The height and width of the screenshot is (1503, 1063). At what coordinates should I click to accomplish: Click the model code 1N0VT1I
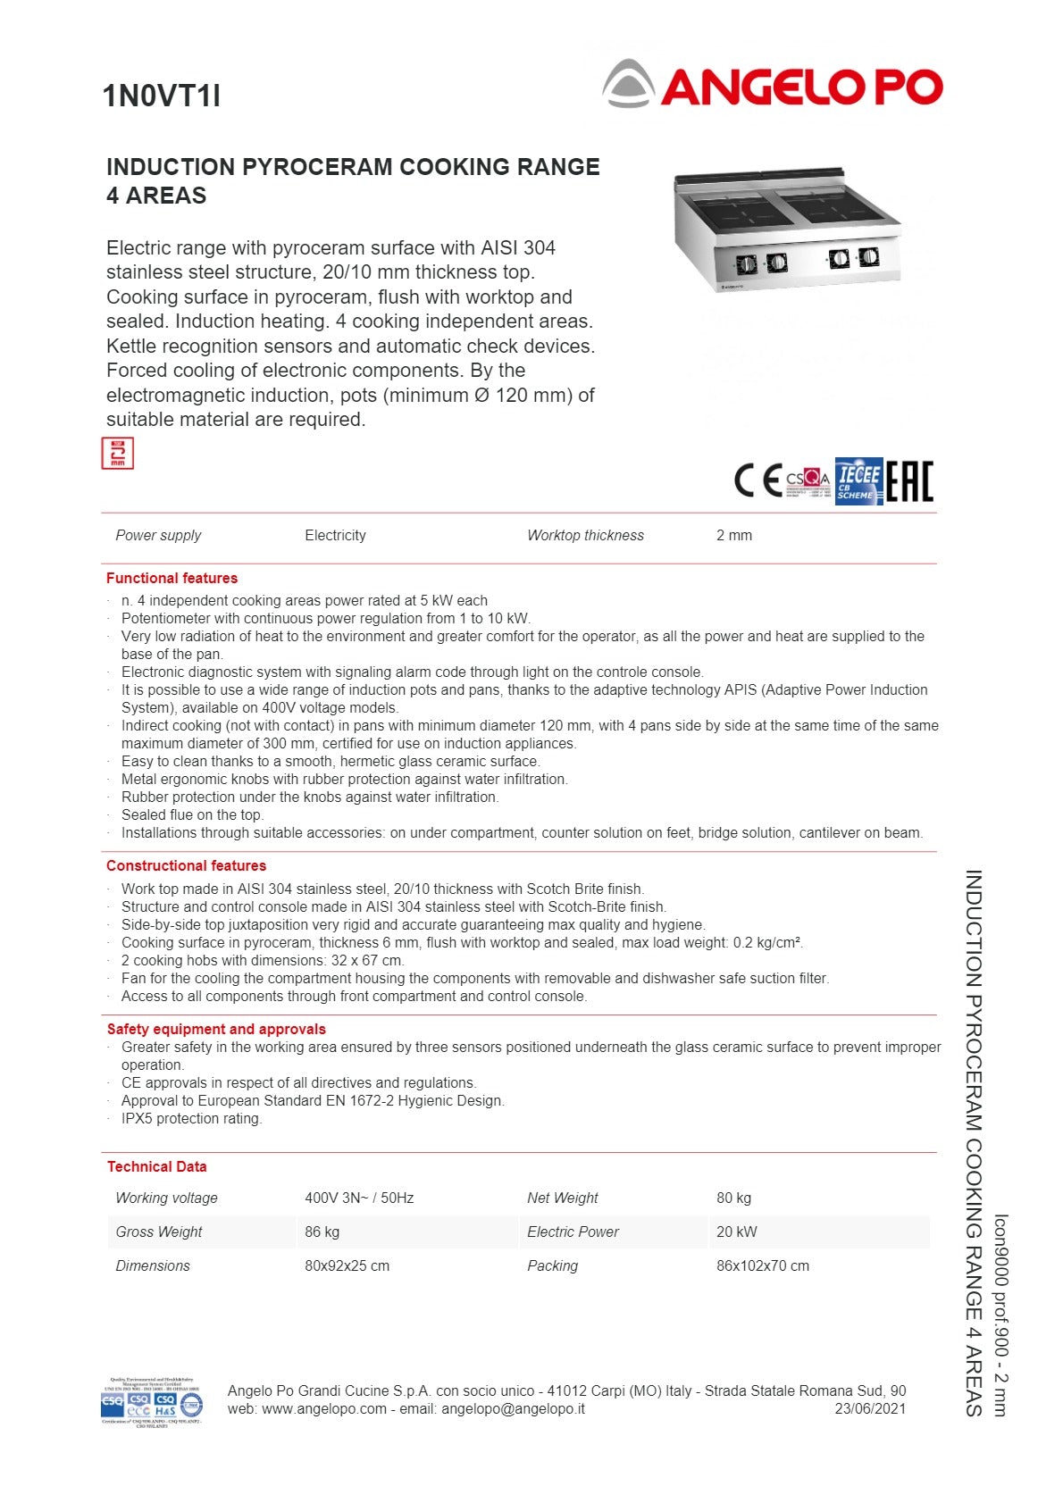pyautogui.click(x=162, y=96)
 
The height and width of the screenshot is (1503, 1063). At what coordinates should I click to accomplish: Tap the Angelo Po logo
pyautogui.click(x=773, y=85)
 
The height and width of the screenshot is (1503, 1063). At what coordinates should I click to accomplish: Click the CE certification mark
pyautogui.click(x=757, y=480)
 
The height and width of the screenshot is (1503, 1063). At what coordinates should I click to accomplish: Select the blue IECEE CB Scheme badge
pyautogui.click(x=858, y=480)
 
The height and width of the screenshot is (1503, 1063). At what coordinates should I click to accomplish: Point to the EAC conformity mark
pyautogui.click(x=909, y=480)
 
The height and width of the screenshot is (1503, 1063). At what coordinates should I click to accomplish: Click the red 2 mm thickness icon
pyautogui.click(x=118, y=453)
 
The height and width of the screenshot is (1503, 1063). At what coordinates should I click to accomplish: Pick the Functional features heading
pyautogui.click(x=172, y=578)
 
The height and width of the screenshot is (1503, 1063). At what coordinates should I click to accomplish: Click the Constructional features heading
pyautogui.click(x=186, y=865)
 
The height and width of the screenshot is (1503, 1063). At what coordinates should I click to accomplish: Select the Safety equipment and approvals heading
pyautogui.click(x=216, y=1029)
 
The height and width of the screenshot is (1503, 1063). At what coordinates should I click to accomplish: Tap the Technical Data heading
pyautogui.click(x=156, y=1166)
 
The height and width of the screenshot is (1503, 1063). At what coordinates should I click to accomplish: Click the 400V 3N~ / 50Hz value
pyautogui.click(x=359, y=1198)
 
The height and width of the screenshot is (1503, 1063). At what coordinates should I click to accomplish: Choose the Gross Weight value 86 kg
pyautogui.click(x=322, y=1232)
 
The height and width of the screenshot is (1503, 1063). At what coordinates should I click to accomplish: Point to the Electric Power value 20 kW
pyautogui.click(x=736, y=1232)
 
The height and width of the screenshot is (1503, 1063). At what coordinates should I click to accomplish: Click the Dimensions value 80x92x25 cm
pyautogui.click(x=347, y=1265)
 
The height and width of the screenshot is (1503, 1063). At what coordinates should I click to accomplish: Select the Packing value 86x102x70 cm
pyautogui.click(x=762, y=1265)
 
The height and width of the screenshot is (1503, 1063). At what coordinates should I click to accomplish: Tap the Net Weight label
pyautogui.click(x=562, y=1198)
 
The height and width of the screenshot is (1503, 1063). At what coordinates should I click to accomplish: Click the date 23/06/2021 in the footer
pyautogui.click(x=869, y=1408)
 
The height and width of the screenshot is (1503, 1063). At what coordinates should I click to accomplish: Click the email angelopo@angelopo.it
pyautogui.click(x=513, y=1408)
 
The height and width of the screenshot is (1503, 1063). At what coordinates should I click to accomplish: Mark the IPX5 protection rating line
pyautogui.click(x=191, y=1118)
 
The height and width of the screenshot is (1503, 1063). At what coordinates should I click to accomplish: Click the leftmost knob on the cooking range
pyautogui.click(x=747, y=264)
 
